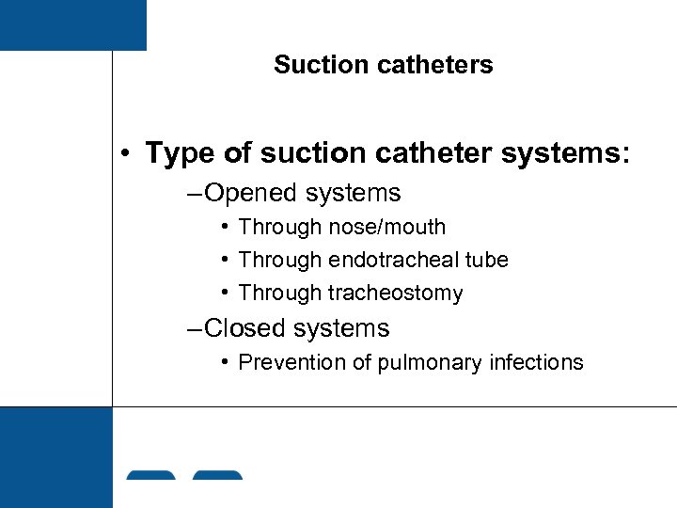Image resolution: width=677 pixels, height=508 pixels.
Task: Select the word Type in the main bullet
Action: point(178,153)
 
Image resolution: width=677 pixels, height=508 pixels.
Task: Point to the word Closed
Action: point(249,328)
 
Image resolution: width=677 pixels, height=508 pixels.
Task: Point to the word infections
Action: point(537,362)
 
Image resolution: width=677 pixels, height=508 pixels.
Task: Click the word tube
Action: point(487,260)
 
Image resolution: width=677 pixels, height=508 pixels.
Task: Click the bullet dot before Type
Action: point(124,154)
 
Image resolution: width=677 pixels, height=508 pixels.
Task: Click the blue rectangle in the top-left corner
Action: point(72,24)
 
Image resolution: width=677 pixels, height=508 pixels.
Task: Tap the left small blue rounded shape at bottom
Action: point(150,475)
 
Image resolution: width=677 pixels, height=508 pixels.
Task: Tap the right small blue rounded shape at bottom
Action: point(217,475)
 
